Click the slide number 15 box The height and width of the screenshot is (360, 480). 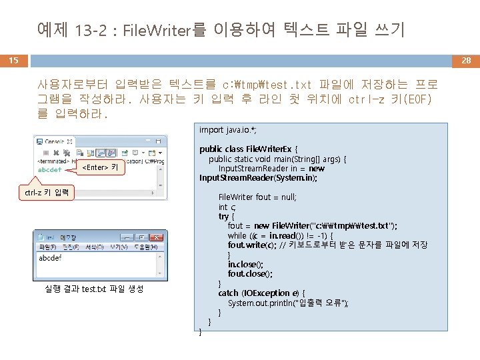[13, 61]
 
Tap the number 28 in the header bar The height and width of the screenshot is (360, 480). [466, 61]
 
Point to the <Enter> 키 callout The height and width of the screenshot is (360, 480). [99, 167]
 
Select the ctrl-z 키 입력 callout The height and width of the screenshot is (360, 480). [47, 193]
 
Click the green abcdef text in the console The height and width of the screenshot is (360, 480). [50, 169]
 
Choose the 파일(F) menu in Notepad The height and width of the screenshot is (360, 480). [49, 247]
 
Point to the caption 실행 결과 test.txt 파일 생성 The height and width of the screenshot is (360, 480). [93, 289]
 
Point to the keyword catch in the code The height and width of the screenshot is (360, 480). [228, 293]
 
